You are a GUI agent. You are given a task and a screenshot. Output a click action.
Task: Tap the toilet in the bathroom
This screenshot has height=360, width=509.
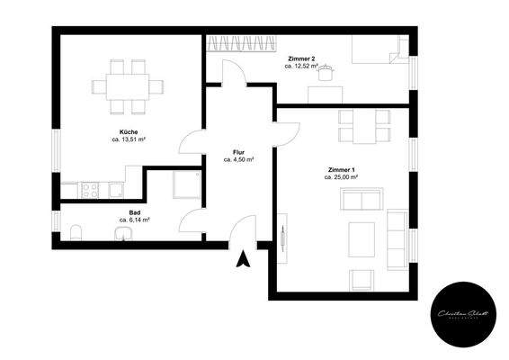(x=76, y=233)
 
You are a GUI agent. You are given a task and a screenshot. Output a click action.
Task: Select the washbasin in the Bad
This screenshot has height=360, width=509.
(x=123, y=235)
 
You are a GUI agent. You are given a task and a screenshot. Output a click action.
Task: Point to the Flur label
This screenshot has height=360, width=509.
(x=238, y=152)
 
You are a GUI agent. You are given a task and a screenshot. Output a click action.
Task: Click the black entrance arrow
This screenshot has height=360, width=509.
(x=242, y=260)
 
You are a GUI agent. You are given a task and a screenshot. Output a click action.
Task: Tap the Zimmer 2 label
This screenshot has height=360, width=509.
(x=301, y=58)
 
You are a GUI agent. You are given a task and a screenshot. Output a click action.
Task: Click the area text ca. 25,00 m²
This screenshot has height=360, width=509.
(x=341, y=177)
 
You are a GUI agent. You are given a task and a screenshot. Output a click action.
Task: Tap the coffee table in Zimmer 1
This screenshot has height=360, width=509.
(x=362, y=238)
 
